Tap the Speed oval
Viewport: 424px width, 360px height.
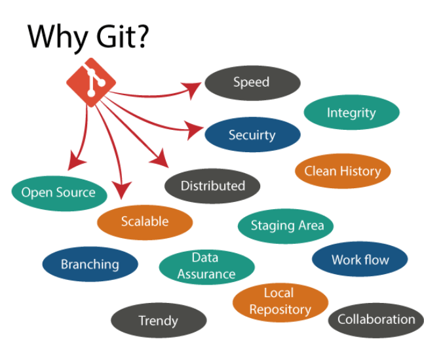pyautogui.click(x=252, y=83)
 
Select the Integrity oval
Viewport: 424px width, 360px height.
pyautogui.click(x=351, y=113)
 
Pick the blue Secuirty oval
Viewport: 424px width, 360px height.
pyautogui.click(x=252, y=135)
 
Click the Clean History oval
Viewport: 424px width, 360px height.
pyautogui.click(x=342, y=171)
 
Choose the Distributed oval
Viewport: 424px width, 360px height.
pyautogui.click(x=212, y=186)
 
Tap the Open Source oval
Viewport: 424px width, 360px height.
pyautogui.click(x=59, y=192)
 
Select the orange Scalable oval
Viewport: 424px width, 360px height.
pyautogui.click(x=145, y=222)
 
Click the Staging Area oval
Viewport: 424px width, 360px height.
pyautogui.click(x=287, y=226)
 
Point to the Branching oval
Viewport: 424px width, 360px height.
pyautogui.click(x=90, y=265)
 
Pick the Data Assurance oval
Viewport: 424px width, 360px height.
pyautogui.click(x=206, y=266)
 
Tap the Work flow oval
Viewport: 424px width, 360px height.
pyautogui.click(x=360, y=260)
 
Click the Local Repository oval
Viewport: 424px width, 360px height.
pyautogui.click(x=280, y=301)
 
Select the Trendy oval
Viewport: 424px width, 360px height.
pyautogui.click(x=158, y=321)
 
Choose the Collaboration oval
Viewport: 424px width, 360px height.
pyautogui.click(x=376, y=320)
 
